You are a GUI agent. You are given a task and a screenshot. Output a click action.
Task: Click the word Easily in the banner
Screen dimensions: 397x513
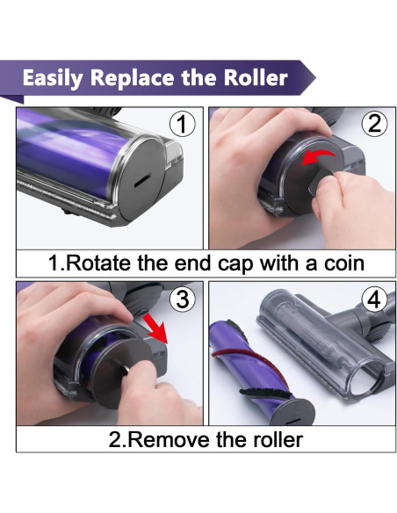(53, 79)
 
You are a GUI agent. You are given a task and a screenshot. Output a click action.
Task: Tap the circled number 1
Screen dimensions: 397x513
(182, 124)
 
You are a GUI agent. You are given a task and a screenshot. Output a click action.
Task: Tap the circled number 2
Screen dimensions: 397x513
(374, 124)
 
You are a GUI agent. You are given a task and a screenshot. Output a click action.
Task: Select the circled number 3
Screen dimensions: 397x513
(182, 299)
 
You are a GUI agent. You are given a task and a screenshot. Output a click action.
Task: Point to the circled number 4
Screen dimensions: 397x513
(374, 299)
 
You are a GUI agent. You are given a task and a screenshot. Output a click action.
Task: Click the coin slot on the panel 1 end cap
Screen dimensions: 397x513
(142, 181)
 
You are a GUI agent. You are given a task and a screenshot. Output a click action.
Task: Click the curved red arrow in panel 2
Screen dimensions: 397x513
(318, 157)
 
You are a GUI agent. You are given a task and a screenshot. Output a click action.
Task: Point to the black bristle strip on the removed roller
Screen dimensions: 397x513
(265, 394)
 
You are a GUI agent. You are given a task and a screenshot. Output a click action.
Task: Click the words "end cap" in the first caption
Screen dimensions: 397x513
(215, 264)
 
